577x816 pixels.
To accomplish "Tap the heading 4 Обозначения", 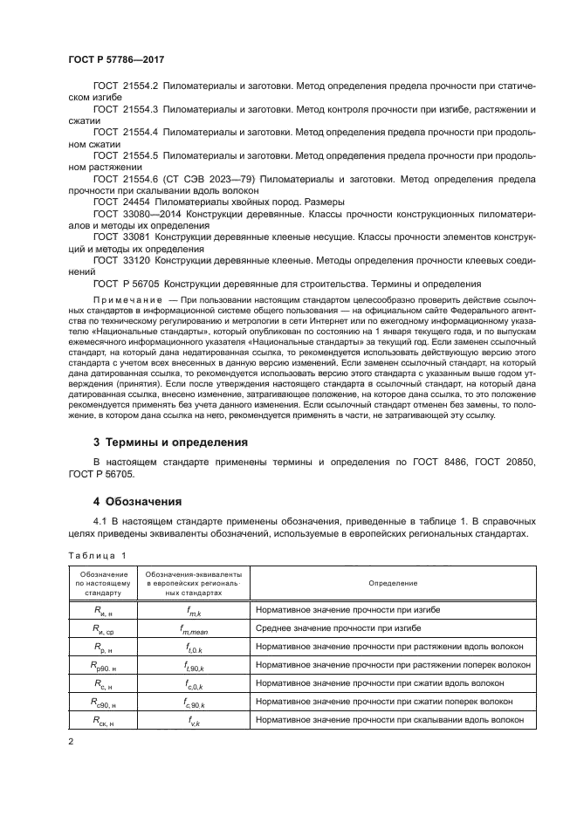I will tap(137, 502).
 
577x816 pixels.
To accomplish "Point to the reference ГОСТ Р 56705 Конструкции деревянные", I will tap(201, 284).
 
